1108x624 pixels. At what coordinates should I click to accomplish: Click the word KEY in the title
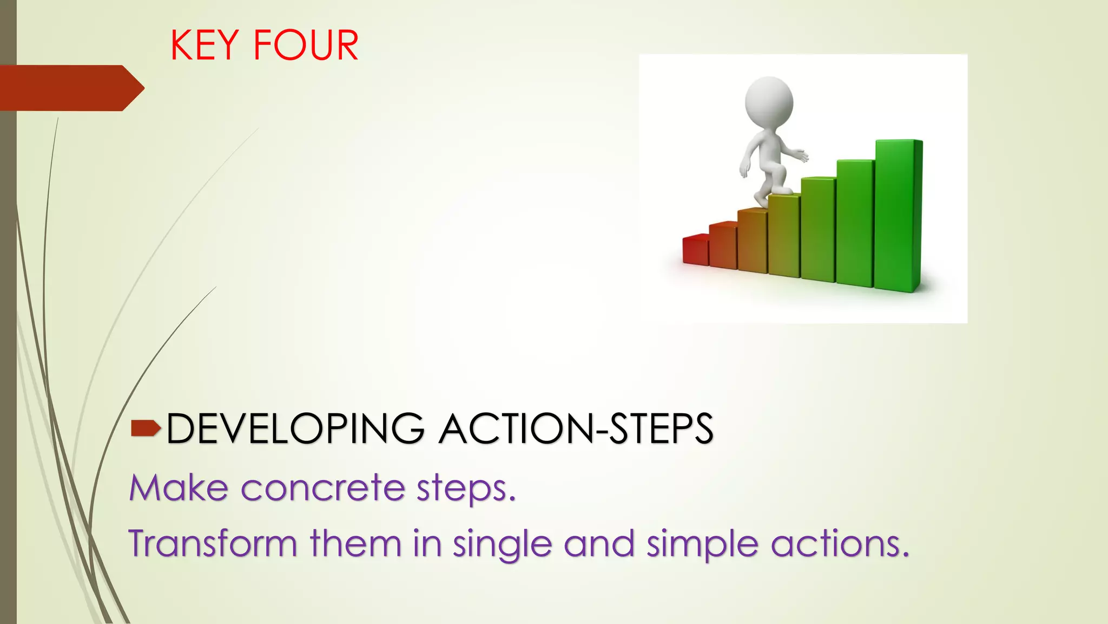pyautogui.click(x=205, y=45)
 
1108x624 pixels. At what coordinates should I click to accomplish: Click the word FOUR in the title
pyautogui.click(x=306, y=45)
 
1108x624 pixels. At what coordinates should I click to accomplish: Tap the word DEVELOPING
pyautogui.click(x=295, y=429)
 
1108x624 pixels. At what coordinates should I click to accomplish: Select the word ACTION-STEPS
pyautogui.click(x=576, y=429)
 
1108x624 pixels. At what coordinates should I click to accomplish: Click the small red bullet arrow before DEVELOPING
pyautogui.click(x=146, y=428)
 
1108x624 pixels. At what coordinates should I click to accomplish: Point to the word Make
pyautogui.click(x=179, y=487)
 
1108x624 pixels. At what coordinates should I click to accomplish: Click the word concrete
pyautogui.click(x=322, y=487)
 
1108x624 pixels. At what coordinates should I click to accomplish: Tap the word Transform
pyautogui.click(x=213, y=543)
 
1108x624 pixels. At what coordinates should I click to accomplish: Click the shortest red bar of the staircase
pyautogui.click(x=695, y=250)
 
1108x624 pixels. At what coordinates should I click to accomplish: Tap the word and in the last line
pyautogui.click(x=599, y=543)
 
